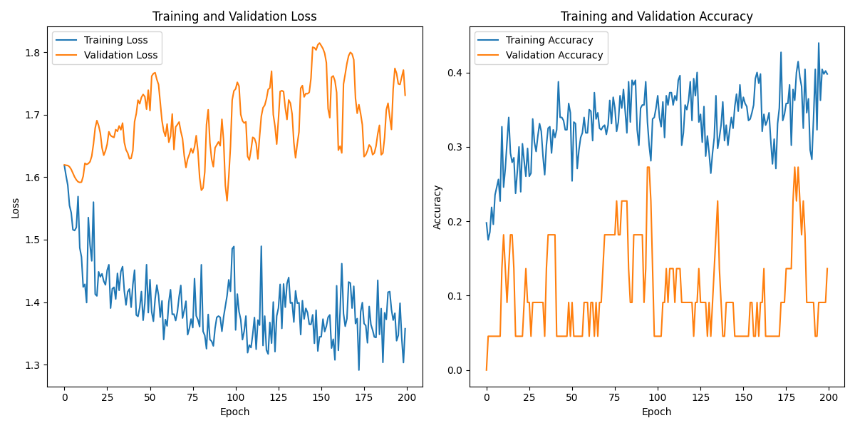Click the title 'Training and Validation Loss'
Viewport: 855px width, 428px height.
pyautogui.click(x=235, y=16)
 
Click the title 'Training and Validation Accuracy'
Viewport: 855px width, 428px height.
pyautogui.click(x=657, y=16)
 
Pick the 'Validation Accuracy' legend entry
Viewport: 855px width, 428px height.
pyautogui.click(x=554, y=55)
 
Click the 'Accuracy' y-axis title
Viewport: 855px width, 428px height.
pyautogui.click(x=437, y=207)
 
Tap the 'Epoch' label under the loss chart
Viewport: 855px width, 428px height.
pyautogui.click(x=235, y=412)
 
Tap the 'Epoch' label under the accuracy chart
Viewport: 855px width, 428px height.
pyautogui.click(x=657, y=412)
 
